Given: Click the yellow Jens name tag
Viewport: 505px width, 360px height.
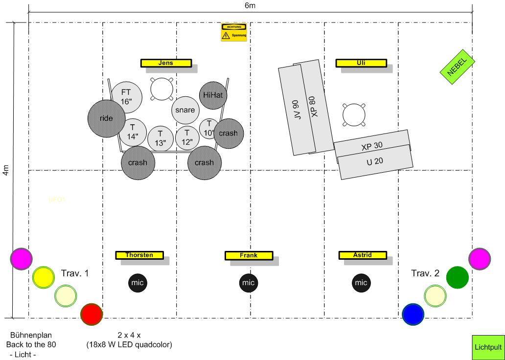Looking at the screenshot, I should pyautogui.click(x=166, y=63).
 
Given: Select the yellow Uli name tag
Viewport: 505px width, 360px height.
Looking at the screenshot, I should pyautogui.click(x=362, y=63).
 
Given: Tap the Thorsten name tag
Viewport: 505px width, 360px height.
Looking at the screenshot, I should pyautogui.click(x=139, y=255).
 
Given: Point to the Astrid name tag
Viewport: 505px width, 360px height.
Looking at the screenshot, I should pyautogui.click(x=363, y=255).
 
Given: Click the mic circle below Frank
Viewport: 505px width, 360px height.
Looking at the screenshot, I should pyautogui.click(x=249, y=282).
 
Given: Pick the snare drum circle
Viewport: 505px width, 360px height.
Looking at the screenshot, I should pyautogui.click(x=185, y=111).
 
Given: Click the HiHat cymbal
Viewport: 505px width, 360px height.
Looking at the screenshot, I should pyautogui.click(x=212, y=95).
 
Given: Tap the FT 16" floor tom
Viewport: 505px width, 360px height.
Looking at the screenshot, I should pyautogui.click(x=127, y=96).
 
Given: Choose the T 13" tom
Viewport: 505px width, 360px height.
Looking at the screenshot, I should pyautogui.click(x=161, y=139).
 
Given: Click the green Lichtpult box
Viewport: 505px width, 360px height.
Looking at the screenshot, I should pyautogui.click(x=488, y=347).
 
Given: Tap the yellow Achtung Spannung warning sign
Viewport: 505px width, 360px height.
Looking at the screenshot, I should pyautogui.click(x=233, y=32).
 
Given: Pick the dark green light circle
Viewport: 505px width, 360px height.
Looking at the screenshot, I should pyautogui.click(x=458, y=277).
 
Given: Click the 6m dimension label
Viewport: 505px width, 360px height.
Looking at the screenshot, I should pyautogui.click(x=250, y=5).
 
